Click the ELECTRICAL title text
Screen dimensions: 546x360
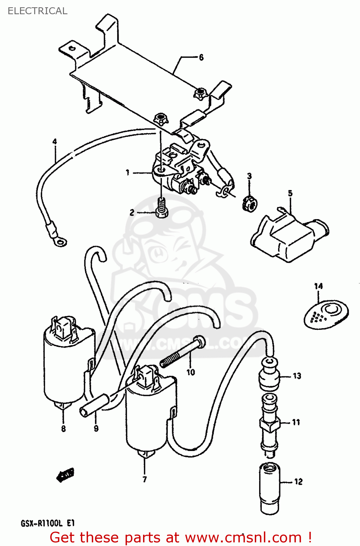(x=37, y=11)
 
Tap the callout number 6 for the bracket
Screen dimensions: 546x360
(x=201, y=57)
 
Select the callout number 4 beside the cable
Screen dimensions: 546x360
(x=55, y=142)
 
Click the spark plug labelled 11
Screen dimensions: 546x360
(x=269, y=422)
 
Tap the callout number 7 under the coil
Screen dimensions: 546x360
(x=145, y=479)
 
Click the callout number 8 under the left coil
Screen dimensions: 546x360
(x=63, y=428)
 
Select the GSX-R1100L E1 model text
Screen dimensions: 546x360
(x=47, y=523)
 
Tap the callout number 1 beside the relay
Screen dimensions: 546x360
(x=128, y=172)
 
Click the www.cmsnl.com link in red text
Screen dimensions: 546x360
(x=243, y=537)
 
